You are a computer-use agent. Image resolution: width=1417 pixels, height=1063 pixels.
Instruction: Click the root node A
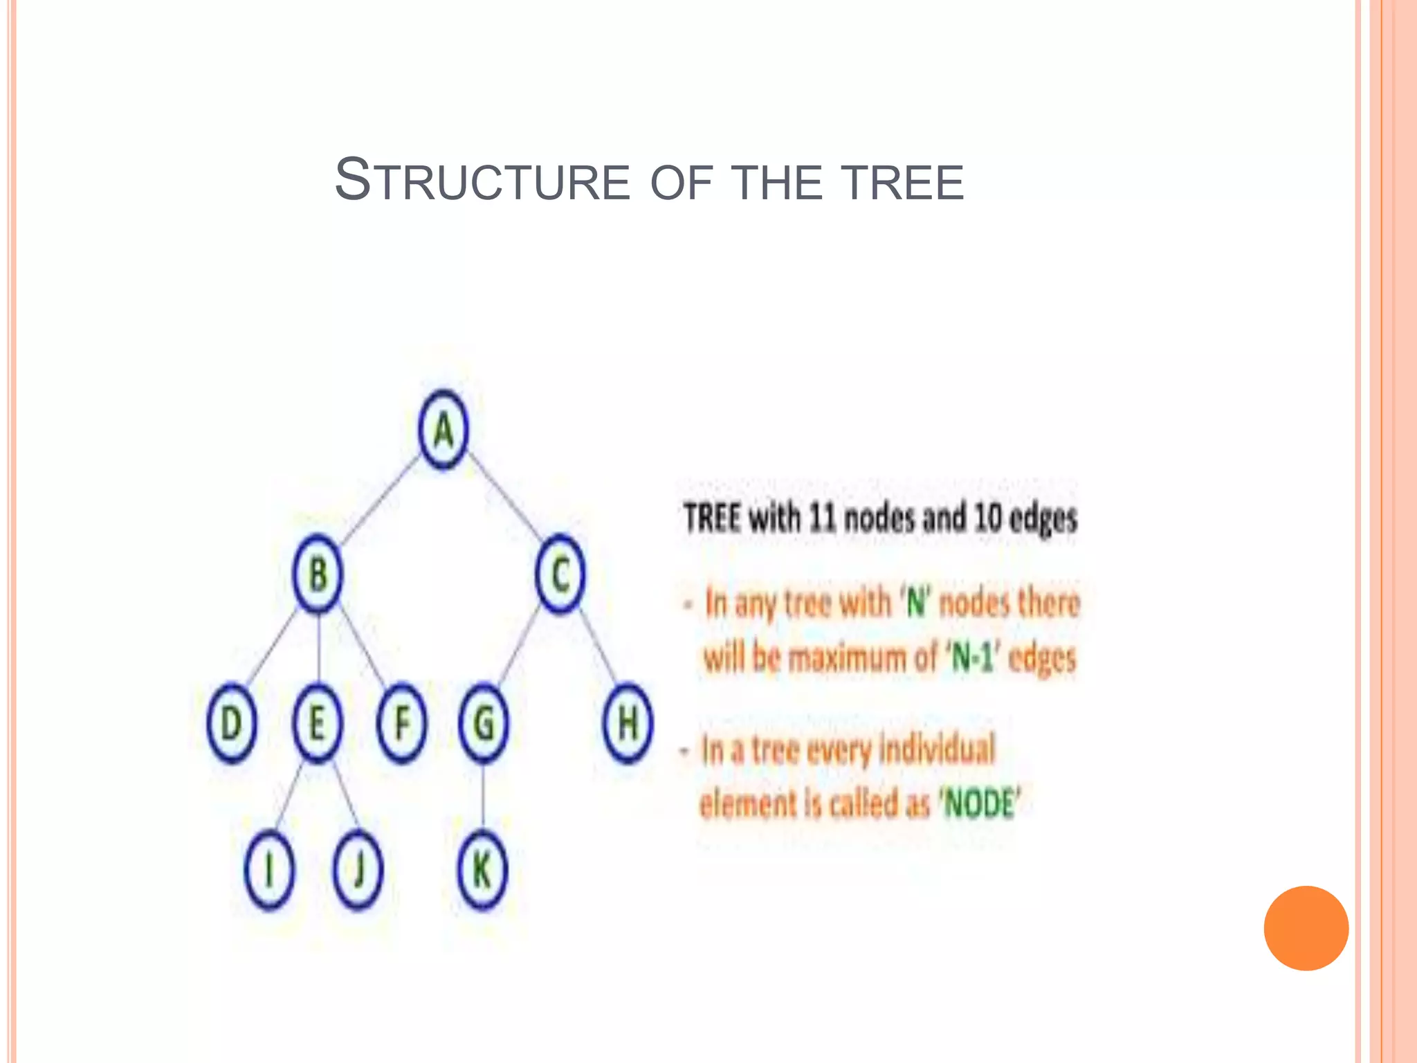pyautogui.click(x=444, y=430)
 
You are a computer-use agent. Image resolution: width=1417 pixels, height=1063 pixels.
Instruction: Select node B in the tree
pyautogui.click(x=318, y=574)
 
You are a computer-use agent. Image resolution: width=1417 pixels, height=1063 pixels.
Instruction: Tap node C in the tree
pyautogui.click(x=560, y=574)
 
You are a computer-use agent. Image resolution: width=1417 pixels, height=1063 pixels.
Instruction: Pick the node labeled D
pyautogui.click(x=232, y=723)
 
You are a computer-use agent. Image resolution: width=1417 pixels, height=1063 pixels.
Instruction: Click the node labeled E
pyautogui.click(x=318, y=723)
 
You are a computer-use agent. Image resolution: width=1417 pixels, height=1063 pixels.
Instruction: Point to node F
pyautogui.click(x=401, y=723)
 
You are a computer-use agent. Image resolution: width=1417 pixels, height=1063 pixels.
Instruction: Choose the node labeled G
pyautogui.click(x=484, y=723)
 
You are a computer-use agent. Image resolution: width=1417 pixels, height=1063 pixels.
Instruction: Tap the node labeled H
pyautogui.click(x=628, y=723)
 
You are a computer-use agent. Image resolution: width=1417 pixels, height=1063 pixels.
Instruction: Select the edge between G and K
pyautogui.click(x=483, y=796)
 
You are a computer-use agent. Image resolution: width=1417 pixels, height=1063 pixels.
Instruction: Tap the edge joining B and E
pyautogui.click(x=318, y=647)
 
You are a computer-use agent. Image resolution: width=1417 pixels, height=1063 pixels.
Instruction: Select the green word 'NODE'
pyautogui.click(x=979, y=805)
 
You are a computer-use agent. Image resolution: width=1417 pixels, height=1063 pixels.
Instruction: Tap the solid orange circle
pyautogui.click(x=1306, y=928)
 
